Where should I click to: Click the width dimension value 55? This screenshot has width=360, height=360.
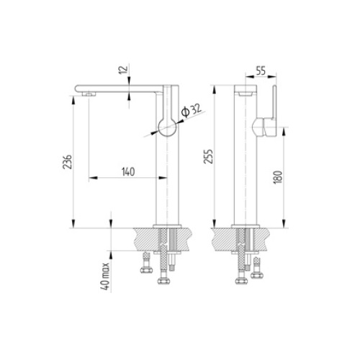point(261,73)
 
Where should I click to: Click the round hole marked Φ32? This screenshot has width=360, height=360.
point(168,126)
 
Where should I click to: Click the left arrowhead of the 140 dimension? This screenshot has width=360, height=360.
point(91,177)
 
